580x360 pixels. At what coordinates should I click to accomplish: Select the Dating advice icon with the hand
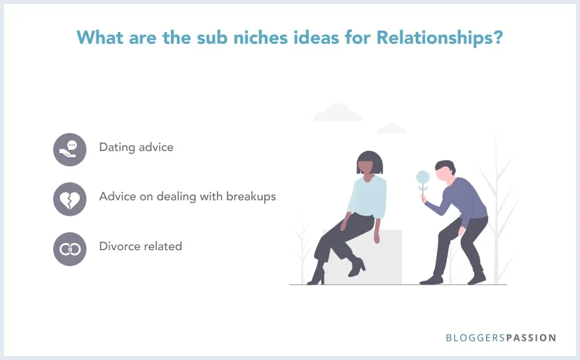(x=70, y=149)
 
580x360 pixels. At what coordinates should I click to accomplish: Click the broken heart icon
(x=70, y=199)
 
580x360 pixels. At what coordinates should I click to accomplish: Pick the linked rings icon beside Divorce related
(x=70, y=249)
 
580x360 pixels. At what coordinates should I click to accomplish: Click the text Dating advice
(x=136, y=147)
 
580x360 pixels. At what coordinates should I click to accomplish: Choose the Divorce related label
(x=140, y=246)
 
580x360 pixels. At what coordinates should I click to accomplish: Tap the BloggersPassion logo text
(x=501, y=338)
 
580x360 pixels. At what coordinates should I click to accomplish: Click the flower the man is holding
(x=422, y=177)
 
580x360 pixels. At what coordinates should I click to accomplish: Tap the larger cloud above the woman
(x=338, y=113)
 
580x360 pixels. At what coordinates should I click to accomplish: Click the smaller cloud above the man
(x=391, y=128)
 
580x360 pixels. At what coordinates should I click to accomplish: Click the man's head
(x=443, y=170)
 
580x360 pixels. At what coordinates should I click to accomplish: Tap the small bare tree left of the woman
(x=303, y=246)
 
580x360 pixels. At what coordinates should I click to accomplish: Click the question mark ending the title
(x=497, y=38)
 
